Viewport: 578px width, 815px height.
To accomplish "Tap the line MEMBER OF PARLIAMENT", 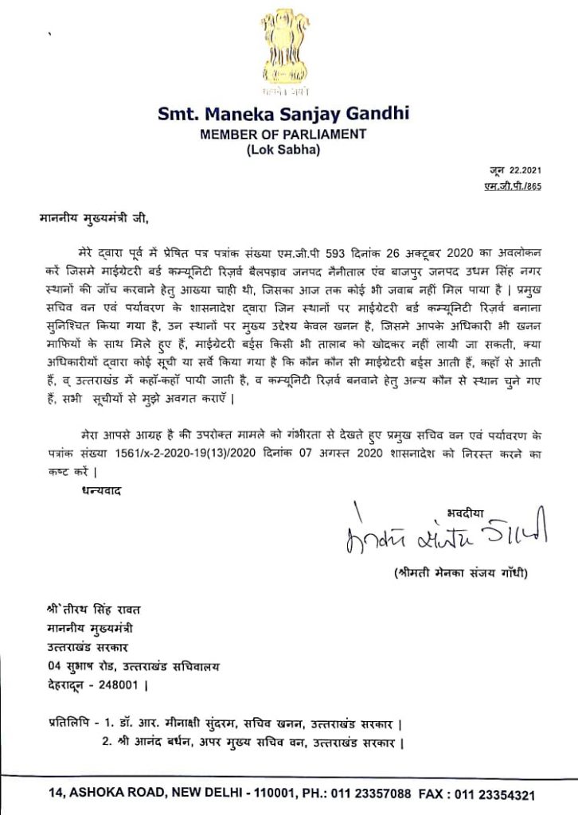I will click(283, 135).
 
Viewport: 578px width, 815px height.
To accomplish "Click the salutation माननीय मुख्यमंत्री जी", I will click(92, 216).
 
